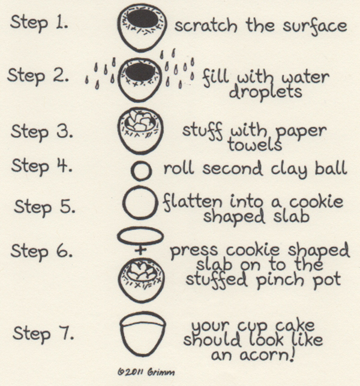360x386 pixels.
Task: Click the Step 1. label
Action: pos(39,23)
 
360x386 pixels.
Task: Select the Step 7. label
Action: pos(41,333)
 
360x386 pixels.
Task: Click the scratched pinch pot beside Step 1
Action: pos(142,26)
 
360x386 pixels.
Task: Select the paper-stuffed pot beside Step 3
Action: pos(142,129)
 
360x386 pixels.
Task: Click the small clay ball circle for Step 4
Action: pos(141,172)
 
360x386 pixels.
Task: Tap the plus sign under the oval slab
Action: pos(141,251)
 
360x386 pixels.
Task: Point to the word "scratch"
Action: pos(200,26)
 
